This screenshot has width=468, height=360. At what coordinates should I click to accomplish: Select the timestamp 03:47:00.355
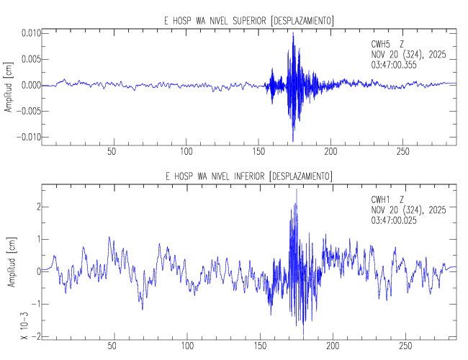tap(394, 65)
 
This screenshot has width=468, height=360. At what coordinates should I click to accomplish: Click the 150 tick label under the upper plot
tap(258, 153)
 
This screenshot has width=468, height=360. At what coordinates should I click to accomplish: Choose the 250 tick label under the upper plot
tap(405, 153)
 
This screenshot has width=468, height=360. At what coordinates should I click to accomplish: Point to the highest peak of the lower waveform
tap(297, 189)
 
